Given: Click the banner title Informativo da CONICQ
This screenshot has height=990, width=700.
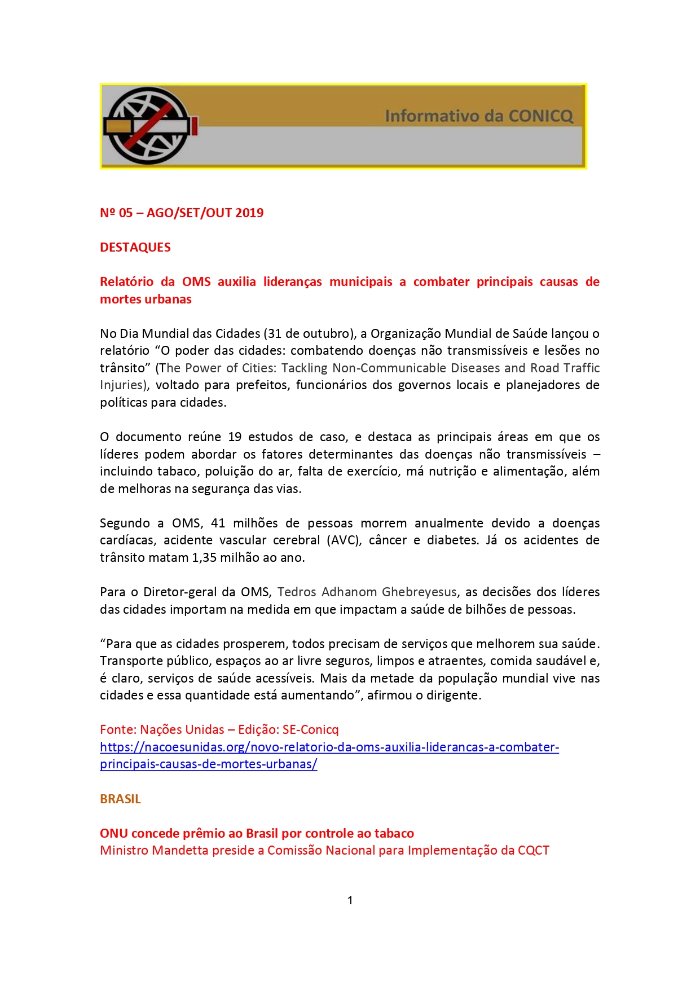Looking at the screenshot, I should tap(478, 116).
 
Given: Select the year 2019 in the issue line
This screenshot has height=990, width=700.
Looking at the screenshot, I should tap(249, 213).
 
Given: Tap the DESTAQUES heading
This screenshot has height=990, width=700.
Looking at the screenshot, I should tap(135, 248).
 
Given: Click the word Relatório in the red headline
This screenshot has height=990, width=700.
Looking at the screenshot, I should tap(127, 282).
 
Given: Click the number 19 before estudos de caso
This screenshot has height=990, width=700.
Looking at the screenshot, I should tap(235, 437).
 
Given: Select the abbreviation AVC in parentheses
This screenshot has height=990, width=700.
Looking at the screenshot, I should tap(344, 540).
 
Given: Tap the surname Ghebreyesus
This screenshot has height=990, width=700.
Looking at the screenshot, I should tap(419, 592).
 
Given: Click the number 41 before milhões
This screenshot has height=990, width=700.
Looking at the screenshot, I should tap(218, 523).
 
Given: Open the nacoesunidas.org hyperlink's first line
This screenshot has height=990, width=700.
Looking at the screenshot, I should tap(329, 747).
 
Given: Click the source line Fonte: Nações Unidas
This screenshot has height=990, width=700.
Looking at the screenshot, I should tap(162, 730).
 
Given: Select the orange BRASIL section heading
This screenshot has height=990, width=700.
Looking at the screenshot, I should tap(120, 799).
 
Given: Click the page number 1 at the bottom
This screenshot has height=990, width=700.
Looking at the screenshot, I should tap(350, 900).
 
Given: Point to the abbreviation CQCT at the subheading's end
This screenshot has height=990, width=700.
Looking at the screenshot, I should tap(533, 851).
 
